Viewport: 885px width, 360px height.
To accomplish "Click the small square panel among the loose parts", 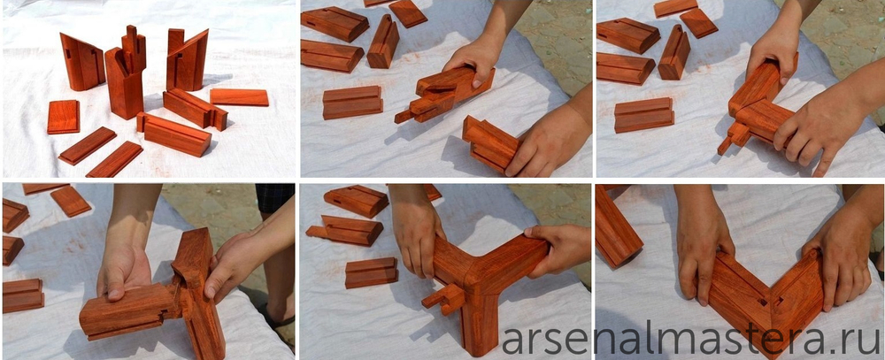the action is pos(63,117).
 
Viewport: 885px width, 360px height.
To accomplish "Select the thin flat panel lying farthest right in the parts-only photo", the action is pos(239,97).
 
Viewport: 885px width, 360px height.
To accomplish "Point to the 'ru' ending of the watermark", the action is pos(863,340).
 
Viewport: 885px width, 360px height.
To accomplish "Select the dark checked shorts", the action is pos(275,198).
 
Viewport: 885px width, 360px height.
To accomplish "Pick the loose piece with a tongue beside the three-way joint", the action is pos(344,230).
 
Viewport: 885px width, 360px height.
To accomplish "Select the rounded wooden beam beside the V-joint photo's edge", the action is pos(619,228).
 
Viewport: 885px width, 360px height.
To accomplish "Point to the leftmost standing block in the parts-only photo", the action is pos(81,62).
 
